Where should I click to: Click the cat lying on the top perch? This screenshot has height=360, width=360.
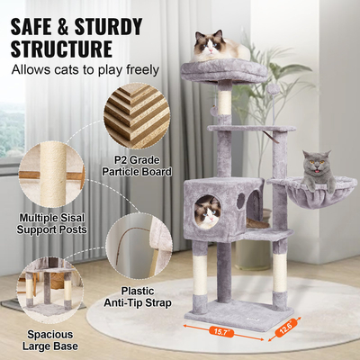(215, 47)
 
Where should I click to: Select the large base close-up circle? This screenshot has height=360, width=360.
(47, 291)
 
